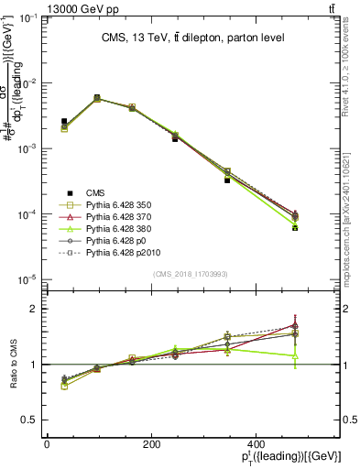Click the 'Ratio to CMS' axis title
pos(12,365)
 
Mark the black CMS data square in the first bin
pos(64,121)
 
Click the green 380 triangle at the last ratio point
pos(295,355)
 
